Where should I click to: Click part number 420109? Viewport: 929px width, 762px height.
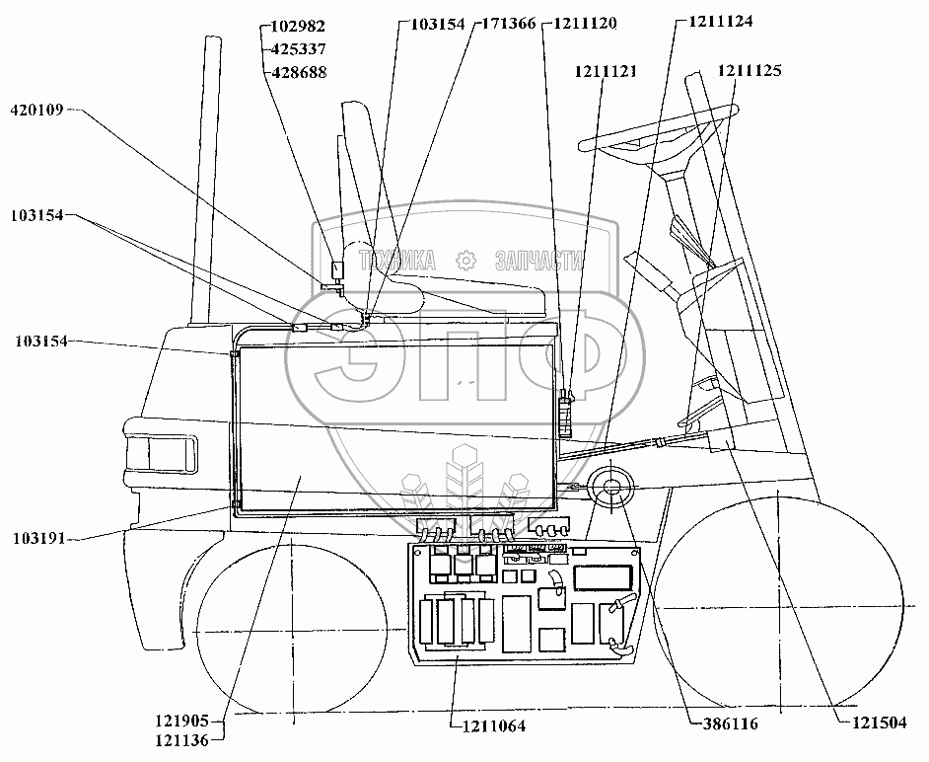[36, 110]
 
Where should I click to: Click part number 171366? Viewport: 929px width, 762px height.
[508, 26]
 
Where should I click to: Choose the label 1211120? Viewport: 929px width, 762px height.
[586, 26]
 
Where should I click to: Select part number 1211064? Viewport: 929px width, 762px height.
[493, 726]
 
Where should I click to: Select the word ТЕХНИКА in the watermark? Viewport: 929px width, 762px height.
[398, 261]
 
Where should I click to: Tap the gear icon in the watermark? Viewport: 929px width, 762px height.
[465, 261]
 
